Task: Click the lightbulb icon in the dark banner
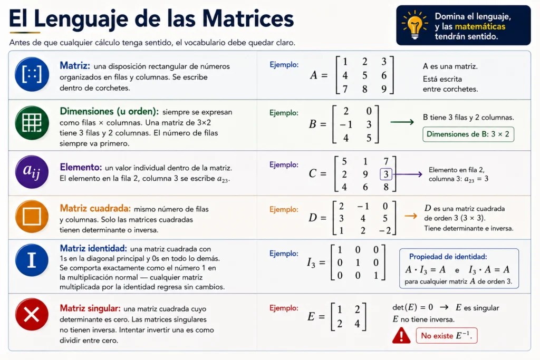pyautogui.click(x=414, y=25)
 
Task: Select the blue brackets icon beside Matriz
pyautogui.click(x=32, y=74)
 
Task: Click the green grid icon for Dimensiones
pyautogui.click(x=32, y=122)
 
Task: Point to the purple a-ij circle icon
pyautogui.click(x=32, y=172)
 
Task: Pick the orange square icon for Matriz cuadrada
pyautogui.click(x=32, y=216)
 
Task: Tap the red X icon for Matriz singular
pyautogui.click(x=32, y=315)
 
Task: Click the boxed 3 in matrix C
pyautogui.click(x=386, y=174)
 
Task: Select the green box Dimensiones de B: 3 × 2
pyautogui.click(x=468, y=134)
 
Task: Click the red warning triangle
pyautogui.click(x=401, y=336)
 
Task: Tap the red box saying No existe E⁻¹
pyautogui.click(x=447, y=336)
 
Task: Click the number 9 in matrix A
pyautogui.click(x=384, y=89)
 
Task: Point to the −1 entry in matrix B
pyautogui.click(x=346, y=124)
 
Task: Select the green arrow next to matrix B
pyautogui.click(x=402, y=122)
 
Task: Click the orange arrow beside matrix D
pyautogui.click(x=411, y=216)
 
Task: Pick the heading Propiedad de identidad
pyautogui.click(x=448, y=257)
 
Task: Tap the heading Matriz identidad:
pyautogui.click(x=93, y=248)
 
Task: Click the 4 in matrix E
pyautogui.click(x=357, y=324)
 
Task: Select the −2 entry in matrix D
pyautogui.click(x=385, y=230)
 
